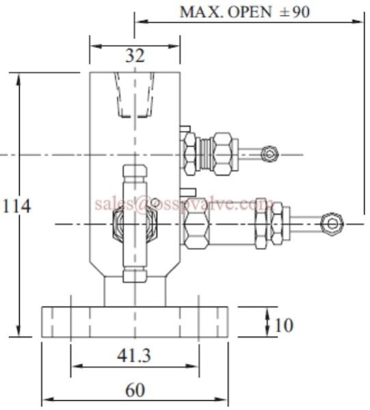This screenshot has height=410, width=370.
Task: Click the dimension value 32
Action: (x=135, y=55)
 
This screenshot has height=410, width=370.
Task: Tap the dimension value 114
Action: (x=16, y=206)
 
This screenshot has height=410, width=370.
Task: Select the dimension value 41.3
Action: (x=134, y=356)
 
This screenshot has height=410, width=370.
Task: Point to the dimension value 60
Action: (x=135, y=390)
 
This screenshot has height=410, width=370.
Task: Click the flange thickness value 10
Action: (x=284, y=325)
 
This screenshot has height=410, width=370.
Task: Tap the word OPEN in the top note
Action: (x=250, y=12)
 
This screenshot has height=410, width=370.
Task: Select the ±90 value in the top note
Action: (x=295, y=12)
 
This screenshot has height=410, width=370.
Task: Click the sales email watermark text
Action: (x=184, y=204)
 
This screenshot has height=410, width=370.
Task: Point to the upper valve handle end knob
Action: (x=269, y=154)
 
